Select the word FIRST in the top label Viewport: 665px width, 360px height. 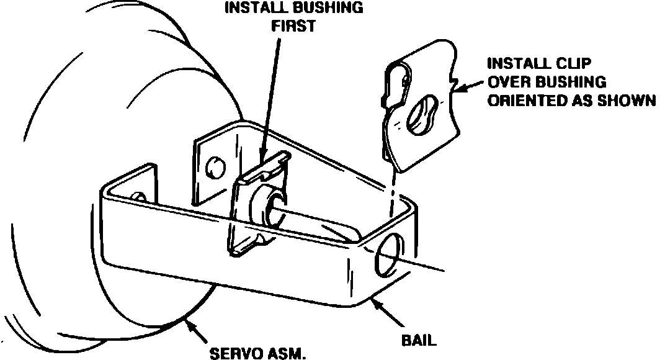293,27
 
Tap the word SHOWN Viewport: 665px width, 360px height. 628,101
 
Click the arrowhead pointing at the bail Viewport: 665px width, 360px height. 375,302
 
